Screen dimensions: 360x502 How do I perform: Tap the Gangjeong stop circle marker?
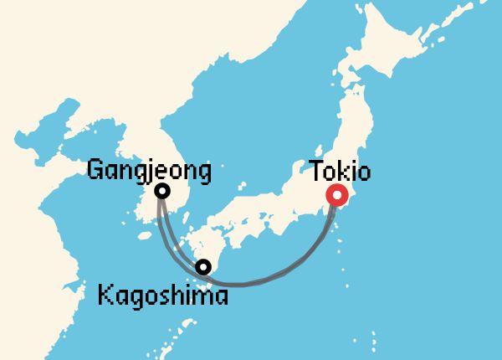coord(162,191)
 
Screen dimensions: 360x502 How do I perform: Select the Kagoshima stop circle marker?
coord(202,267)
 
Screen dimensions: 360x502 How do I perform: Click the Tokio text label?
coord(340,172)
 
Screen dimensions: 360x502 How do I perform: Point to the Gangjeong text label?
coord(149,172)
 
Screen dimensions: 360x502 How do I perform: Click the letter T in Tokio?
coord(316,172)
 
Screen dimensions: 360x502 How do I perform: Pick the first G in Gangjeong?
coord(95,171)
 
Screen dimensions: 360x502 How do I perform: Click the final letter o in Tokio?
coord(365,173)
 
